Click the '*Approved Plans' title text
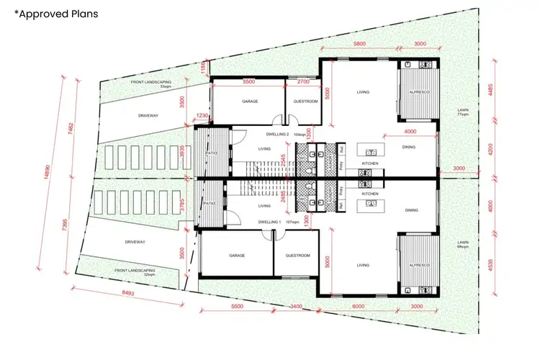coord(56,14)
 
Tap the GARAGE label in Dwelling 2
coord(250,102)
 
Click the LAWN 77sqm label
coord(462,112)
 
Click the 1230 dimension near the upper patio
coord(202,115)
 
